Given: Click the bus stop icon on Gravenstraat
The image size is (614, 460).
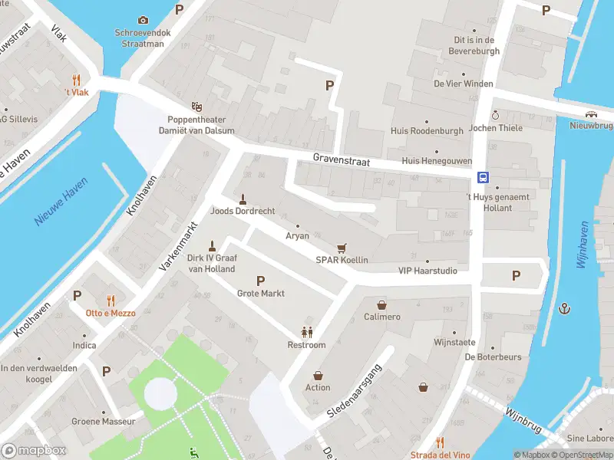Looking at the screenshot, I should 484,177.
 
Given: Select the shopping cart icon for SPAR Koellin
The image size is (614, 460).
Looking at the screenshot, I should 342,248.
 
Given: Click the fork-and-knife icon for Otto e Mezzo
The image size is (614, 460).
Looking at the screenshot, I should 111,300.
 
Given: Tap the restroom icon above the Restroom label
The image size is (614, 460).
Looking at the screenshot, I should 307,332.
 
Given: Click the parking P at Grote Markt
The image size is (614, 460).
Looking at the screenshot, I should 260,281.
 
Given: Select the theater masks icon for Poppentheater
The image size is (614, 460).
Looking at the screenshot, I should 197,107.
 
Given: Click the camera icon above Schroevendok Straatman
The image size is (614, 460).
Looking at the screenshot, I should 143,20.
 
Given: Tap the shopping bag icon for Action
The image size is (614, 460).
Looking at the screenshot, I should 318,376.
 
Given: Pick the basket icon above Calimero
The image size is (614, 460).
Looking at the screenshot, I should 381,304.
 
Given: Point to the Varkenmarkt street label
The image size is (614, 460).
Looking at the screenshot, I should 178,246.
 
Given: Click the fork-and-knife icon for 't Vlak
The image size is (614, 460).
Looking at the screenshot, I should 76,80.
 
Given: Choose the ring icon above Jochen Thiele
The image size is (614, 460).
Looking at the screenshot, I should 495,115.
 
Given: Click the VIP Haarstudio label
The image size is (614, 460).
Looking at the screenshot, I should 427,271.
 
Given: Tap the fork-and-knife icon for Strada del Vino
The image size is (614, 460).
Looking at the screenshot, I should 440,442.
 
